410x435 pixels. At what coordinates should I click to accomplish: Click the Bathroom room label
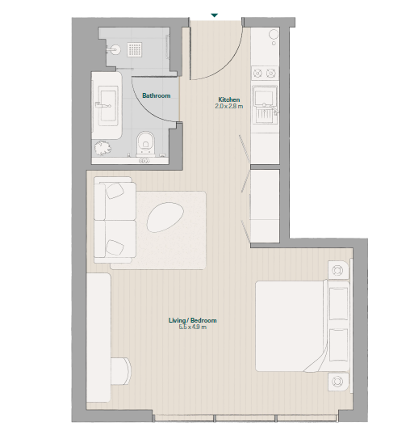(x=157, y=95)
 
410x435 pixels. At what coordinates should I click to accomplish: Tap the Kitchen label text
(x=229, y=99)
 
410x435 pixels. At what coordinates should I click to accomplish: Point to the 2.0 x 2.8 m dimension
(x=229, y=106)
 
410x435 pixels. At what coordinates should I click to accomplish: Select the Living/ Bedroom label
(x=193, y=320)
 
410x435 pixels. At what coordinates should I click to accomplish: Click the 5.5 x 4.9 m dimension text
(x=193, y=327)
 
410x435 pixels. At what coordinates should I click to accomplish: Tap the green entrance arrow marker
(x=214, y=15)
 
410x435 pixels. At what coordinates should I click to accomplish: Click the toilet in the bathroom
(x=145, y=142)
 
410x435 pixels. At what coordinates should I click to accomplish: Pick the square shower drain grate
(x=135, y=49)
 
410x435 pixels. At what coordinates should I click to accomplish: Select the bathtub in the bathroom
(x=107, y=105)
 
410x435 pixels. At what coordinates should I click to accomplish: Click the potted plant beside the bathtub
(x=102, y=148)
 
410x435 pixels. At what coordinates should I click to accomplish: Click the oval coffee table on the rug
(x=165, y=217)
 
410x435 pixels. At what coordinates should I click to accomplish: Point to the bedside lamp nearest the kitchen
(x=337, y=270)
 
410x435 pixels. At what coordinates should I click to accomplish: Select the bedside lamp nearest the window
(x=337, y=381)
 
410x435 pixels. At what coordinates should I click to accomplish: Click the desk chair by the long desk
(x=121, y=371)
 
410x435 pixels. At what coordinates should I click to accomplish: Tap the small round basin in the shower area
(x=115, y=50)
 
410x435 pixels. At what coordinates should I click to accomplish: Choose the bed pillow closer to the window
(x=339, y=344)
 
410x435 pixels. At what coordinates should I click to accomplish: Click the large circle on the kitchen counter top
(x=274, y=35)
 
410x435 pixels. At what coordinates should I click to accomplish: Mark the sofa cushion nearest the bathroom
(x=115, y=191)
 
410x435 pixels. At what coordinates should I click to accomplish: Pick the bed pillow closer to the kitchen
(x=339, y=304)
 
